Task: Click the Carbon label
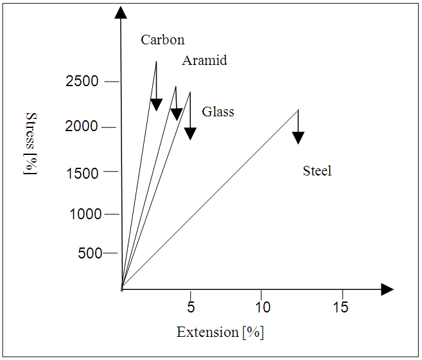[x=163, y=40]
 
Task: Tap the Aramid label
[x=204, y=60]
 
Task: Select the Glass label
[x=218, y=112]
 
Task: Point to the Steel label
[x=317, y=170]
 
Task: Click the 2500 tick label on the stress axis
[x=82, y=82]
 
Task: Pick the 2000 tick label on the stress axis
[x=82, y=127]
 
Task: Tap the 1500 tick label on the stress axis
[x=82, y=172]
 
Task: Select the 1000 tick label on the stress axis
[x=85, y=214]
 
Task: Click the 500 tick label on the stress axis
[x=90, y=253]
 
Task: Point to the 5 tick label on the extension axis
[x=191, y=307]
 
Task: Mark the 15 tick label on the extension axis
[x=341, y=307]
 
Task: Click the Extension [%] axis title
[x=220, y=332]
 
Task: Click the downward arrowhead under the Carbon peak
[x=156, y=105]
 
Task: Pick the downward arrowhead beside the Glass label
[x=190, y=133]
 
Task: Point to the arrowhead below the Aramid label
[x=176, y=114]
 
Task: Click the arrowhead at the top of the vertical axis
[x=120, y=12]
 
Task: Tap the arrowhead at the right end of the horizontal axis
[x=387, y=289]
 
